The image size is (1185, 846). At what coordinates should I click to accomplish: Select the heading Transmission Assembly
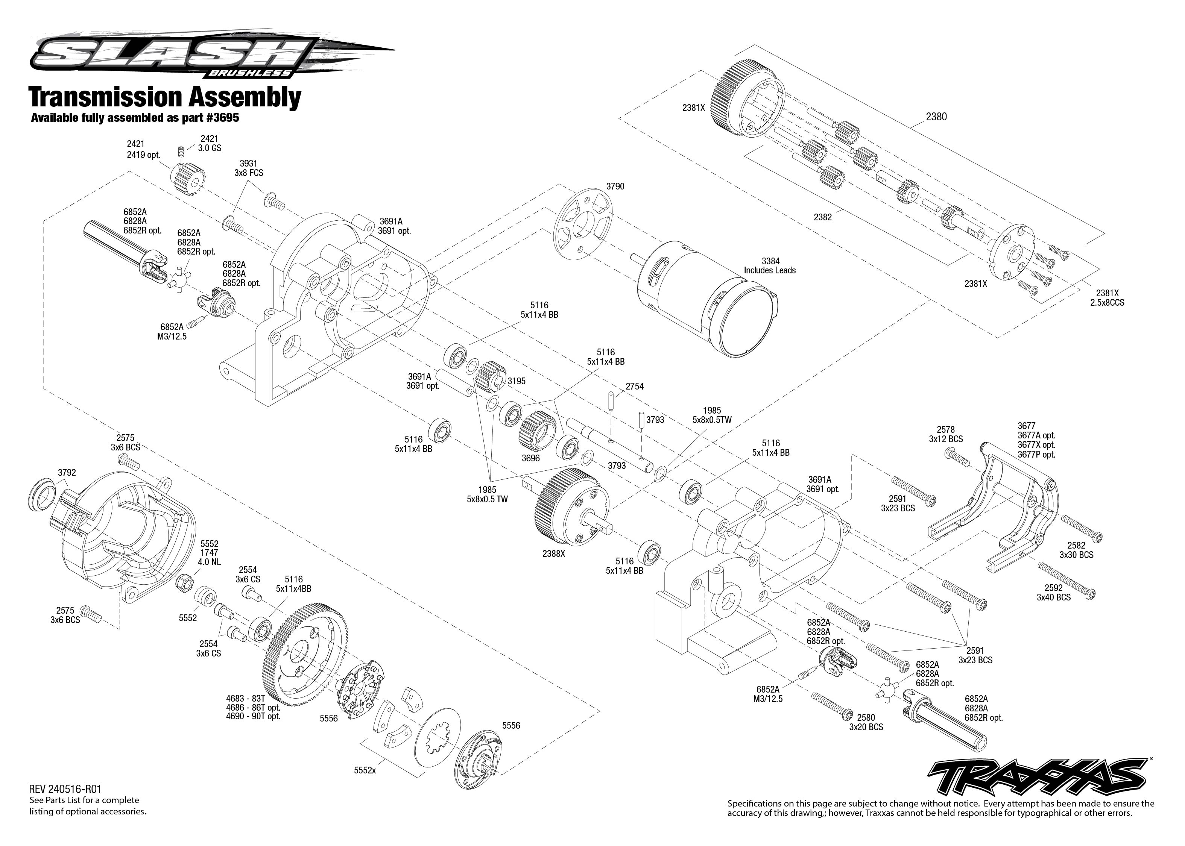click(x=165, y=97)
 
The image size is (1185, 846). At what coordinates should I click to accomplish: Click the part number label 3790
click(x=615, y=186)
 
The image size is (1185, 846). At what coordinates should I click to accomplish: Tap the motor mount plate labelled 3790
click(x=583, y=224)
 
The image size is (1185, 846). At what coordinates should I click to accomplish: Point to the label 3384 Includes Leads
click(x=769, y=266)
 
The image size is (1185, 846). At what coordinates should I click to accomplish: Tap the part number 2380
click(x=936, y=117)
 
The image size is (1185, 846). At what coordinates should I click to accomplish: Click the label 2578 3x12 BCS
click(x=945, y=434)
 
